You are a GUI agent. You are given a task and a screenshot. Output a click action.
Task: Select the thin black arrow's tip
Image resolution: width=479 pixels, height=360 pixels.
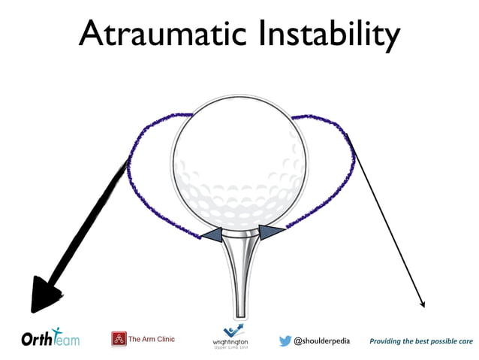point(423,305)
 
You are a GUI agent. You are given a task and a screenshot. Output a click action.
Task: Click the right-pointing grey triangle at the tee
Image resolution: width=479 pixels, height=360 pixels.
point(270,231)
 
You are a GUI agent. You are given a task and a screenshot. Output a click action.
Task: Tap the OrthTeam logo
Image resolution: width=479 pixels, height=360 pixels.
point(50,339)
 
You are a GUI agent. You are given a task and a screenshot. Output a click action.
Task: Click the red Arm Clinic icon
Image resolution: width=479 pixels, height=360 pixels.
point(119,339)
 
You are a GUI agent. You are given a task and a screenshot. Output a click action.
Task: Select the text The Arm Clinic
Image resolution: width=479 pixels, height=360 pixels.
point(152,339)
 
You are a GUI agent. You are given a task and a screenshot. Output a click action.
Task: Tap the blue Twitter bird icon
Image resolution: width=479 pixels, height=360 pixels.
point(285,340)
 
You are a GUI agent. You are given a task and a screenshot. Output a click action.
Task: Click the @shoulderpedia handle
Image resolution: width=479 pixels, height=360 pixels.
point(322,340)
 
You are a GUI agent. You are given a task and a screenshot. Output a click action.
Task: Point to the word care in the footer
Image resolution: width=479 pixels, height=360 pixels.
point(465,341)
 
